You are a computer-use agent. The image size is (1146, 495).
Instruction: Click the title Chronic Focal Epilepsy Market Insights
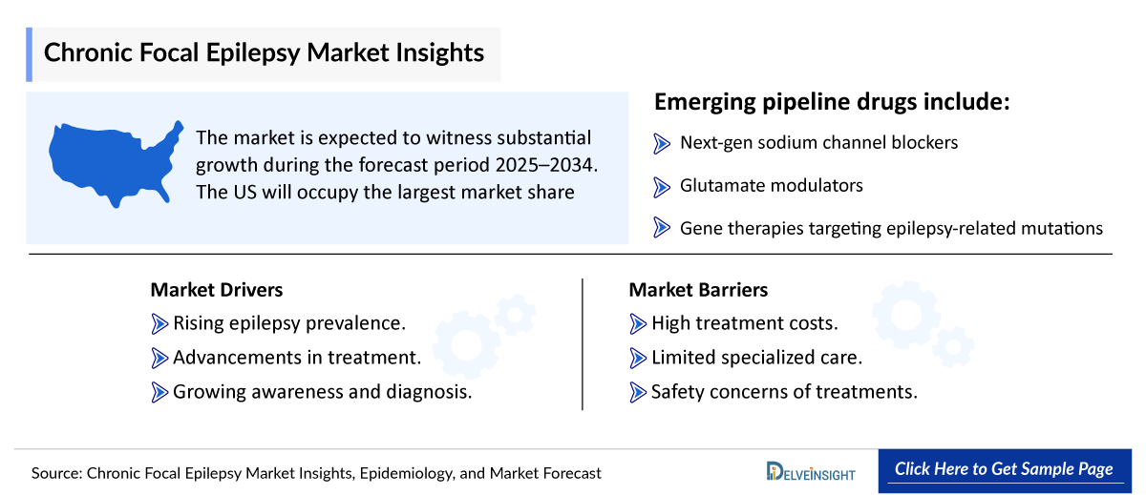264,52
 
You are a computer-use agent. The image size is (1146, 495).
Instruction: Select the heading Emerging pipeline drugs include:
831,102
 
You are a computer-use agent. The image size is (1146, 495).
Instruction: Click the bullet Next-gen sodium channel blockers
818,143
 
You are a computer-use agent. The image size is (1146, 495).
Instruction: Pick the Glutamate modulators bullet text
771,185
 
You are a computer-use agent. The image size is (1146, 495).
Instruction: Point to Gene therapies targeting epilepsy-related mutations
891,228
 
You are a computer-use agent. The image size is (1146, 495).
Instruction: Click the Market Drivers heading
216,290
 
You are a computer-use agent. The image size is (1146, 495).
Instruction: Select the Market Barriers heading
698,290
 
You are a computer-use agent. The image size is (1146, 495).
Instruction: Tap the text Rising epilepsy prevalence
289,323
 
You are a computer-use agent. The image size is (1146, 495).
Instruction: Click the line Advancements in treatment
297,358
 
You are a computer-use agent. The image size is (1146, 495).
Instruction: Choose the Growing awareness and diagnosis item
322,391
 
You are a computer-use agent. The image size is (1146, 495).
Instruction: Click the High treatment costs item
744,323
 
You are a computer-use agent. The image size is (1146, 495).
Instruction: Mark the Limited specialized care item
756,358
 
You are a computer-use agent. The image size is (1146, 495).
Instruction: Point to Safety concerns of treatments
784,391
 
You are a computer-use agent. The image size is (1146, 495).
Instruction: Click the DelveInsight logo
811,471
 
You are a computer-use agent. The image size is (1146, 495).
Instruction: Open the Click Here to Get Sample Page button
1003,469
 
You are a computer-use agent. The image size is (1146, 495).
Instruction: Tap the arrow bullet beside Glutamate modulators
662,186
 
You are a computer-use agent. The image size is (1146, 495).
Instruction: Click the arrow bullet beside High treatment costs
639,324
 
